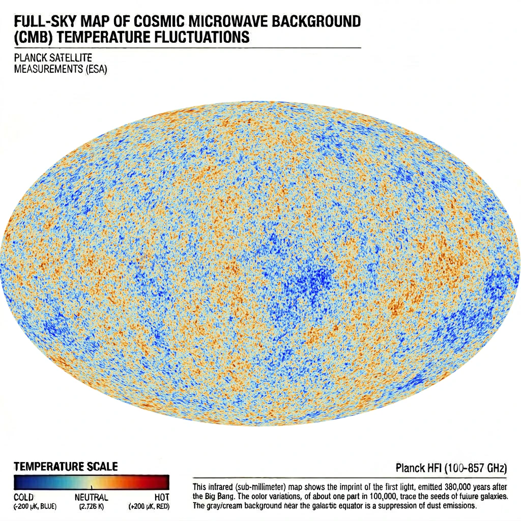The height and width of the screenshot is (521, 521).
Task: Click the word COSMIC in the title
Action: (x=159, y=21)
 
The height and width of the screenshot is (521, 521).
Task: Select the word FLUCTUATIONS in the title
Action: (x=202, y=37)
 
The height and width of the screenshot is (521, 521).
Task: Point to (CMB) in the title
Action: (x=34, y=37)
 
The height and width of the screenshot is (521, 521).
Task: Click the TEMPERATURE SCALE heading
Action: (x=66, y=467)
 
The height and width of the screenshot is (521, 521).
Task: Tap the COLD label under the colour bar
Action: (x=23, y=498)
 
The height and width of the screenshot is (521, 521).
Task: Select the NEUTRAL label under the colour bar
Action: (x=92, y=498)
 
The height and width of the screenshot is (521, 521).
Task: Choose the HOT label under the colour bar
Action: (x=162, y=498)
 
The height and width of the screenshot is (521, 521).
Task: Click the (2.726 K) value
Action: (x=92, y=507)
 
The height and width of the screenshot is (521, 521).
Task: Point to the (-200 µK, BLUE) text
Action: (x=35, y=507)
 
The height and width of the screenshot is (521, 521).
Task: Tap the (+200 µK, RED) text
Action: (x=149, y=507)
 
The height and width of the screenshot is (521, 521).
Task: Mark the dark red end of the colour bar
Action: (x=165, y=482)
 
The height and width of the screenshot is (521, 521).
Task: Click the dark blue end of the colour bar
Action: (x=18, y=482)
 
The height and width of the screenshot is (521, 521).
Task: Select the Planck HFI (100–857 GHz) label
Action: (x=451, y=468)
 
